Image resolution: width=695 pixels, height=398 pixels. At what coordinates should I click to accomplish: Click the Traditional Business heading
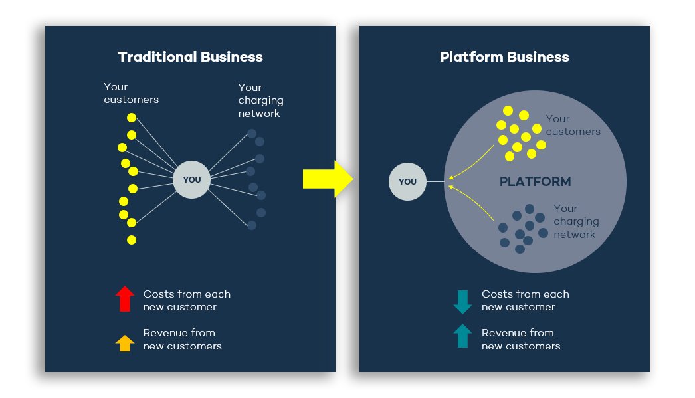point(190,57)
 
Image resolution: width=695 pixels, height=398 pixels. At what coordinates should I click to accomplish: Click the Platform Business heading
point(504,57)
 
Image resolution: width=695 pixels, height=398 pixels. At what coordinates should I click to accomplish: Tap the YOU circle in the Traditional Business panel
point(191,179)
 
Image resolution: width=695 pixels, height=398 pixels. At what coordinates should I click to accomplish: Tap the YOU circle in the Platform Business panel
point(407,181)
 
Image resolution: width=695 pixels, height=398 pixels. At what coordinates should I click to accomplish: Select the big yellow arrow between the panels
point(328,179)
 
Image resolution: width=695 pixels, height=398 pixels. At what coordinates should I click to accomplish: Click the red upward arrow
point(125,299)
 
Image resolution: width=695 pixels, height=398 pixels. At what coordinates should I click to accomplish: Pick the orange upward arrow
point(125,343)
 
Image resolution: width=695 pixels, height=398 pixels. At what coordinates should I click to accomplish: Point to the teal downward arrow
point(462,302)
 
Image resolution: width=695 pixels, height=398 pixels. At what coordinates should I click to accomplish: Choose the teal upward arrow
point(462,336)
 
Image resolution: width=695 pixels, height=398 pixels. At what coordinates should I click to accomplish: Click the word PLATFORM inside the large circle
point(535,181)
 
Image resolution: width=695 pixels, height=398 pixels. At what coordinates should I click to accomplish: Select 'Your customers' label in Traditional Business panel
point(131,93)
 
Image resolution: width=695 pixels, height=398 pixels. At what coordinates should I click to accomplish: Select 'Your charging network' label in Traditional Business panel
point(260,100)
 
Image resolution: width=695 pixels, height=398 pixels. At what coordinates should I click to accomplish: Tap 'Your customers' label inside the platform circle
point(573,125)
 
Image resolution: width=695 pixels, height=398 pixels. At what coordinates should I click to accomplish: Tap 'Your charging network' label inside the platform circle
point(575,221)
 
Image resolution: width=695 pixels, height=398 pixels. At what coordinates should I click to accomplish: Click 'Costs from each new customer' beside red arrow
point(187,300)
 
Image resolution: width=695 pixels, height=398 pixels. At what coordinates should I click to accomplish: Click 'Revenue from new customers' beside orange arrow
point(182,339)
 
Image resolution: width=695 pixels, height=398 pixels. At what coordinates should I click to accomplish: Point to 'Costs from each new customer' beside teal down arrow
point(525,300)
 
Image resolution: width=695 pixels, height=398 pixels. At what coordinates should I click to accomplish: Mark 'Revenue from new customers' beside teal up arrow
point(521,339)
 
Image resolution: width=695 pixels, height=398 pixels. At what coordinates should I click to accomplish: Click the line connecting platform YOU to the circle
point(435,181)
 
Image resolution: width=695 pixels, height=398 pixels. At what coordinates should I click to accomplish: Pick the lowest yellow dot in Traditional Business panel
point(132,240)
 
